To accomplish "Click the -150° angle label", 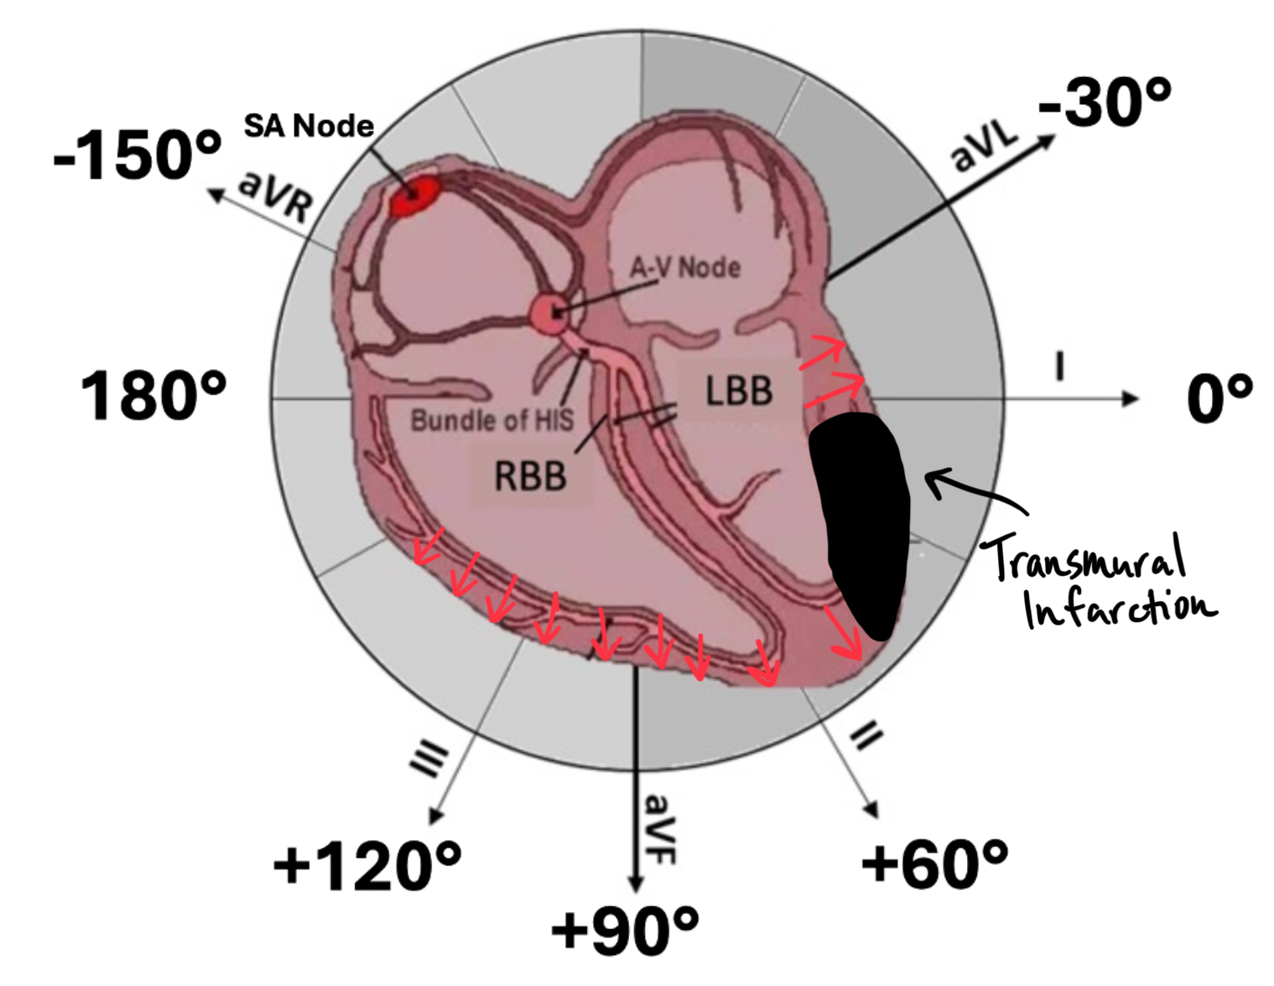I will (x=138, y=156).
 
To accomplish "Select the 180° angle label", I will (x=153, y=397).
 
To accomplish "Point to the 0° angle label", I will (x=1219, y=397).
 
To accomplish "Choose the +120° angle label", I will (x=367, y=866).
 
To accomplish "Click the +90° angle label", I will (x=625, y=930).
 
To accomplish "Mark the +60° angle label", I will (x=934, y=864).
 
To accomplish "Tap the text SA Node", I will (x=309, y=126).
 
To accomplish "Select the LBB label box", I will (x=738, y=391).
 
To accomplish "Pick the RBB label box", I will (x=530, y=475).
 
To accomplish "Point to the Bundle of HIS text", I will (x=491, y=419).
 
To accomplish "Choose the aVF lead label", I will (x=660, y=828).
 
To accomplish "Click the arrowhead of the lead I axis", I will (x=1131, y=398).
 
